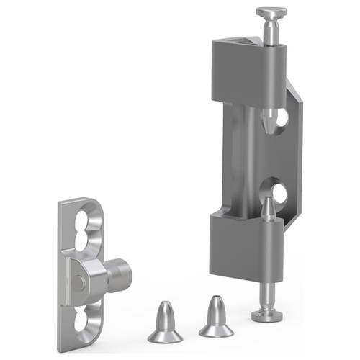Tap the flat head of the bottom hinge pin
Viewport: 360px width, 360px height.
click(x=266, y=315)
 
